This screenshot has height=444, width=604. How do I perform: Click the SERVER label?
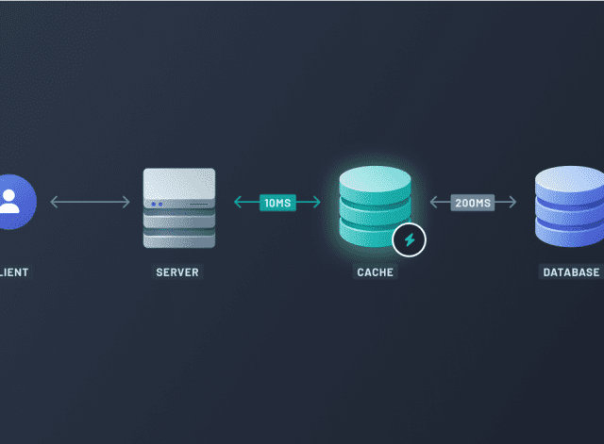click(x=178, y=272)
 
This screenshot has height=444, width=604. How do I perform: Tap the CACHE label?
click(x=376, y=272)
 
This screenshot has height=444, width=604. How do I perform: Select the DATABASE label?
click(x=571, y=272)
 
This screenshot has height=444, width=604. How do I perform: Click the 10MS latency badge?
click(x=277, y=202)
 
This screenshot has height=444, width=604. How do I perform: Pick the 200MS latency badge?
click(x=472, y=202)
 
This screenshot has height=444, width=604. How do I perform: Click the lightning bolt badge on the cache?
click(x=409, y=240)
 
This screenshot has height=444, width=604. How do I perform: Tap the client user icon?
click(x=10, y=202)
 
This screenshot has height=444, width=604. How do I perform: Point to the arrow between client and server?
click(x=90, y=202)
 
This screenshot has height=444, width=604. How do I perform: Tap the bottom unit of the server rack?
click(x=178, y=239)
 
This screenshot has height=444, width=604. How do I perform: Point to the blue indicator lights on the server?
click(x=156, y=204)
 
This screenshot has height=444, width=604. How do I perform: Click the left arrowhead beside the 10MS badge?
click(x=239, y=202)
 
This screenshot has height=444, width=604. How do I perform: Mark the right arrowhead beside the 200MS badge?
click(x=512, y=202)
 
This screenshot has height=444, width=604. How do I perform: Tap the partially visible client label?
click(x=13, y=272)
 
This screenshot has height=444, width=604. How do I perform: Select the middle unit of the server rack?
click(x=178, y=220)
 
